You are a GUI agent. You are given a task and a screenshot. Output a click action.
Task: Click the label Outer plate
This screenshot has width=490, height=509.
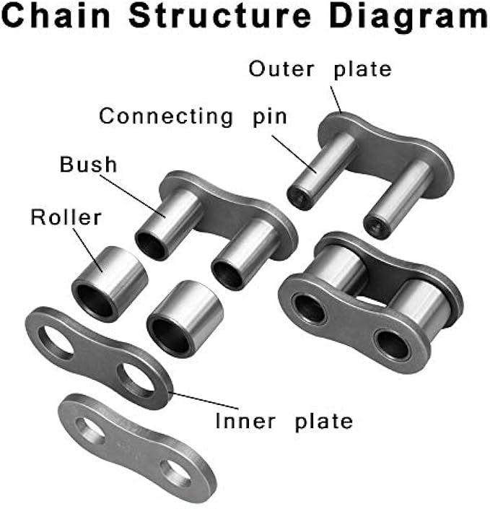[x=320, y=69]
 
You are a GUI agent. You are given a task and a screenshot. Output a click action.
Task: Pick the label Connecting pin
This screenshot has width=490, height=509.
[x=193, y=116]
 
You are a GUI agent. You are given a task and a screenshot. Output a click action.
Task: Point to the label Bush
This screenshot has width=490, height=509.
[x=88, y=165]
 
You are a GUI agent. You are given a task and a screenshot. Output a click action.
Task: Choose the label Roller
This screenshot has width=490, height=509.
[x=66, y=217]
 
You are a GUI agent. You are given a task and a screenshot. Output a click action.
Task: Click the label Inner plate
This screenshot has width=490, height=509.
[x=284, y=420]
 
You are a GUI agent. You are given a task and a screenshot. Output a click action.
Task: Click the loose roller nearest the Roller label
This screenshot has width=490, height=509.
[x=107, y=282]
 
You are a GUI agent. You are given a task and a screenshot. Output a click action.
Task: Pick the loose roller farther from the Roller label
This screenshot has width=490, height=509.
[x=182, y=318]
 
